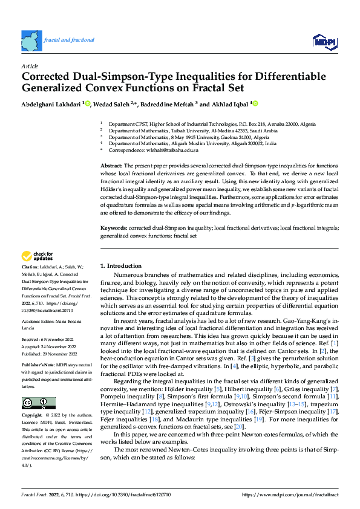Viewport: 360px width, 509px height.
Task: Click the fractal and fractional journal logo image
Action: coord(31,41)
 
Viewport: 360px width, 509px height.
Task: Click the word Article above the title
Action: coord(30,66)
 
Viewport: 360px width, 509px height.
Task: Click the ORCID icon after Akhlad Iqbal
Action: coord(256,103)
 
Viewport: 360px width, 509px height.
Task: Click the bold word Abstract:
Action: coord(112,165)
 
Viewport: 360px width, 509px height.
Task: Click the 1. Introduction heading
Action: coord(120,265)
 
